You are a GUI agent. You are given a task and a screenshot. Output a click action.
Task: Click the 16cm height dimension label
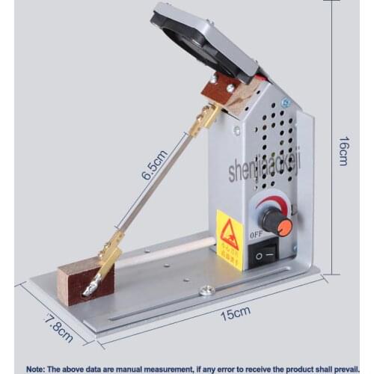click(343, 150)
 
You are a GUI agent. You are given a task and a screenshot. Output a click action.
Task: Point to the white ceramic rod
click(168, 253)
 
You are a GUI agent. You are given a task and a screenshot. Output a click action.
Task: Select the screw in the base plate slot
click(206, 290)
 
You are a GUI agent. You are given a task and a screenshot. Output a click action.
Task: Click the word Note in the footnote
click(40, 368)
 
